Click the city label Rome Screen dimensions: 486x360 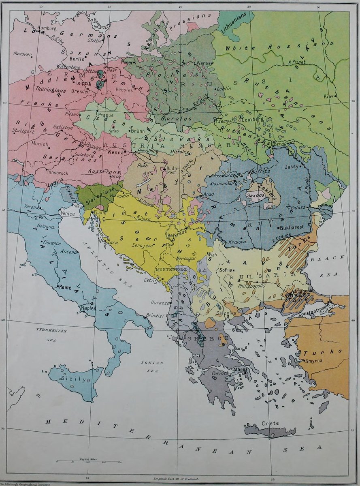(x=65, y=287)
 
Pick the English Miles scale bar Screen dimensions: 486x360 (x=89, y=461)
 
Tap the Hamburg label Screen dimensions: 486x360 (x=47, y=28)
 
